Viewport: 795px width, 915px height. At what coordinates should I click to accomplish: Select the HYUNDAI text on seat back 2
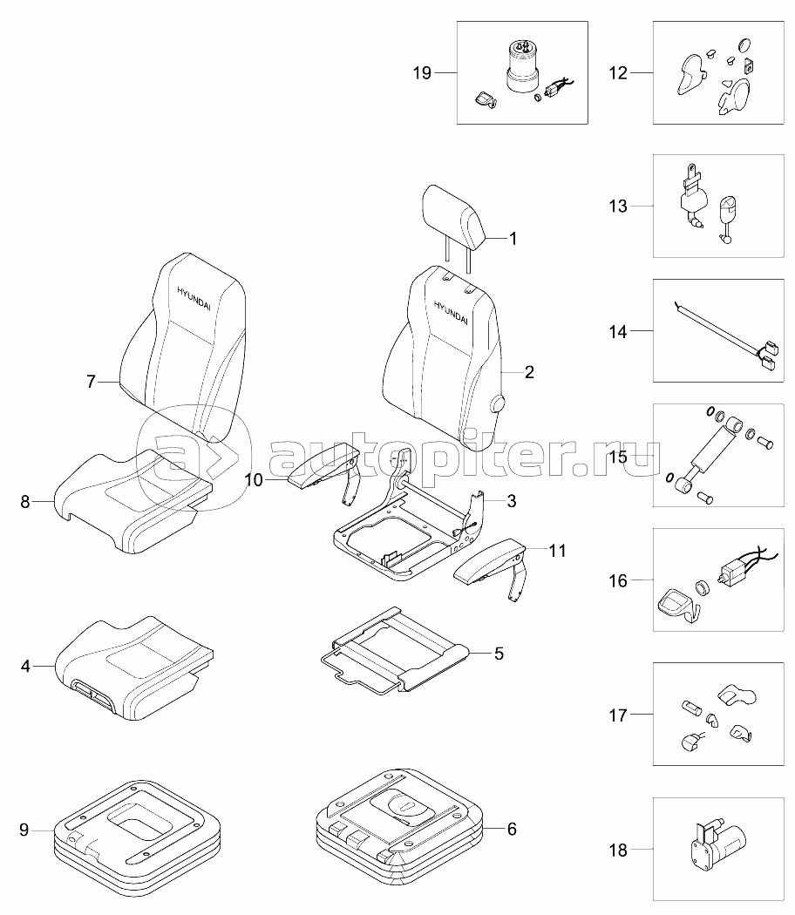(x=451, y=312)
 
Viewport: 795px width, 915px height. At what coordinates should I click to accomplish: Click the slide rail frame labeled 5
(x=392, y=654)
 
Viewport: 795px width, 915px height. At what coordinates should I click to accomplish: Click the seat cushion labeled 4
(x=131, y=667)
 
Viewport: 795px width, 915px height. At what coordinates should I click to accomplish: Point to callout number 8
(x=25, y=501)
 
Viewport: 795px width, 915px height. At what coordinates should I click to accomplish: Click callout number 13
(x=617, y=207)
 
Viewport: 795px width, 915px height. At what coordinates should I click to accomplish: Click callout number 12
(x=617, y=73)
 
